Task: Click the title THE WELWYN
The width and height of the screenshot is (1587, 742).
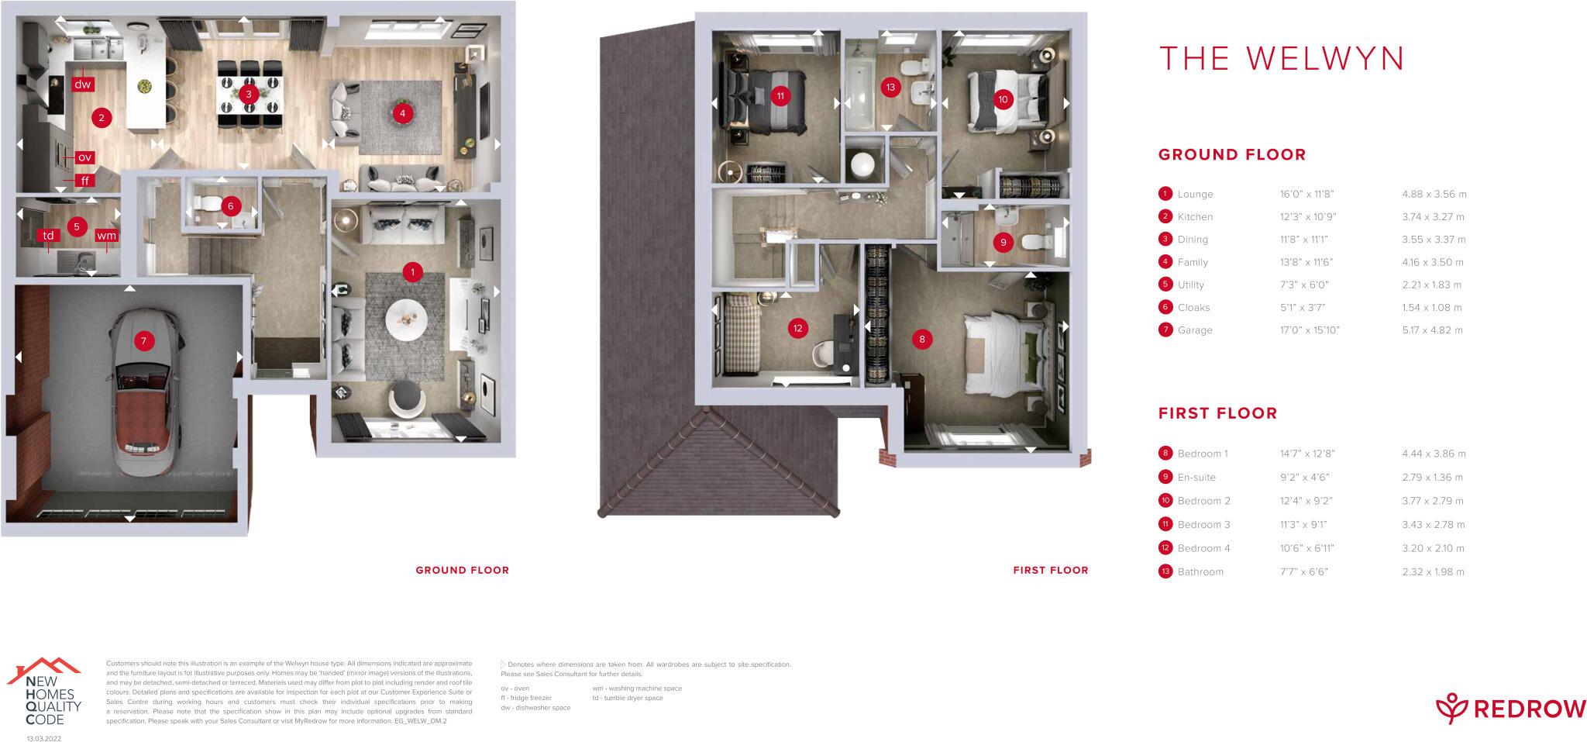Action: click(1281, 59)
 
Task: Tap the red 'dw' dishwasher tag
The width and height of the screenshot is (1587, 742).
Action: click(83, 84)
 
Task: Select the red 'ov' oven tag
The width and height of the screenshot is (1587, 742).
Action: click(84, 157)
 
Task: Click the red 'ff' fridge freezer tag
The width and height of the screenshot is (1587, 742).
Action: click(84, 181)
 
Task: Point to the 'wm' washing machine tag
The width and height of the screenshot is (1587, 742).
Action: click(106, 236)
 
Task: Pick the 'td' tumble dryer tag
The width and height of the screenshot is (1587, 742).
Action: click(48, 236)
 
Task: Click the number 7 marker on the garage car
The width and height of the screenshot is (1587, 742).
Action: click(143, 340)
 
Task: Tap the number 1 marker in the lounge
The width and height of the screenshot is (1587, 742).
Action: click(412, 272)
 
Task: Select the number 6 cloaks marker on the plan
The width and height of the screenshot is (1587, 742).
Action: click(230, 206)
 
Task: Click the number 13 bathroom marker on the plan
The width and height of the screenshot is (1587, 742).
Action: click(890, 88)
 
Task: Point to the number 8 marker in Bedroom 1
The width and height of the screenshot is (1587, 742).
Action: click(921, 339)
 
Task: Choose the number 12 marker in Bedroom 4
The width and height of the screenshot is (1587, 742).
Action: click(797, 328)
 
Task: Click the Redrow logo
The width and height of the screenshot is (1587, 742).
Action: click(1510, 708)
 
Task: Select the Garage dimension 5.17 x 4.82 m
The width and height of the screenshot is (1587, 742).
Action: click(1432, 330)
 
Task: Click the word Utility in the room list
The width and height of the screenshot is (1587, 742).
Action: click(1191, 285)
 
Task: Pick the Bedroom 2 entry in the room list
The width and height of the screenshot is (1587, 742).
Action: click(1203, 501)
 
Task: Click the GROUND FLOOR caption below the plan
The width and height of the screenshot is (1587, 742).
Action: click(462, 570)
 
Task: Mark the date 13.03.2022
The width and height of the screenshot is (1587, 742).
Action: click(44, 738)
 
